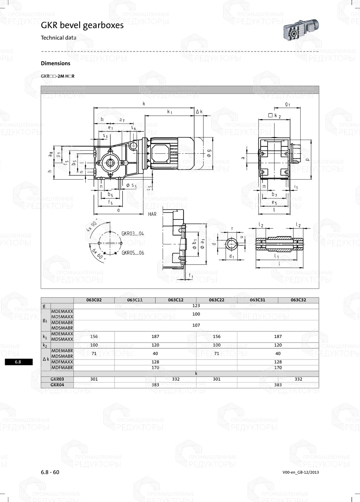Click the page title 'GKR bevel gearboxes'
(82, 25)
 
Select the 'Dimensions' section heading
(55, 63)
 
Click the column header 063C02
(94, 300)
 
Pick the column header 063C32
(298, 300)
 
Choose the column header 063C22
(217, 300)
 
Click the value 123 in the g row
(196, 306)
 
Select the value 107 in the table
(196, 325)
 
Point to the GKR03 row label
(57, 379)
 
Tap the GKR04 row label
(57, 385)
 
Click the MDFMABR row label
(62, 368)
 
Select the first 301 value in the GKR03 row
(94, 379)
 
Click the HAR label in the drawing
(152, 214)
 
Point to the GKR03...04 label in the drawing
(132, 234)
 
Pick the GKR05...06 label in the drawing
(132, 253)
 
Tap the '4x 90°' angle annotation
(92, 226)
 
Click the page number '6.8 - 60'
(50, 472)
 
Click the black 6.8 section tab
(18, 362)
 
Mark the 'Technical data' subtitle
(58, 38)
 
